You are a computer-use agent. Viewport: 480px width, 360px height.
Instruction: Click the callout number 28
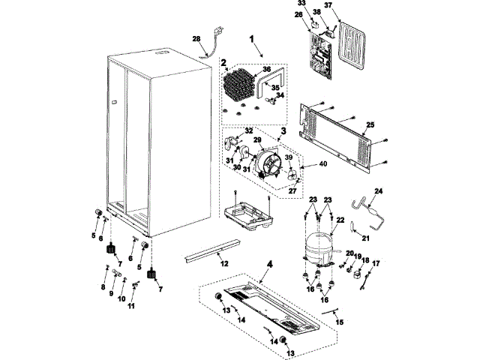[196, 39]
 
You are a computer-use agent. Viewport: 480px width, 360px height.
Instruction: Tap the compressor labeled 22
[319, 247]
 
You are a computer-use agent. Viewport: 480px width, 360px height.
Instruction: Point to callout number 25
[370, 125]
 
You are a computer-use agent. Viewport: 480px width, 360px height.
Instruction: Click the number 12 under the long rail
[224, 263]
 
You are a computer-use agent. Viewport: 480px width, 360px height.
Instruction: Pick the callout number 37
[328, 5]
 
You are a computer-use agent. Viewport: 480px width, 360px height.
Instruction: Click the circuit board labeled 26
[320, 55]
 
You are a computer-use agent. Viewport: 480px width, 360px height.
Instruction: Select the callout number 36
[267, 70]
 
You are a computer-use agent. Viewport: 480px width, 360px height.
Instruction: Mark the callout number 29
[257, 140]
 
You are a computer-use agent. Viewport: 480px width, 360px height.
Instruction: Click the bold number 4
[269, 265]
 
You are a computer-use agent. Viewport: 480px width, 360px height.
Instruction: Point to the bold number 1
[252, 39]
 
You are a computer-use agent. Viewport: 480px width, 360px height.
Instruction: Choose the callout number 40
[323, 164]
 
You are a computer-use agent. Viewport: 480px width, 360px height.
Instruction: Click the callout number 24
[379, 191]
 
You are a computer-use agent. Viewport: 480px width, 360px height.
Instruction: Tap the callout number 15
[339, 322]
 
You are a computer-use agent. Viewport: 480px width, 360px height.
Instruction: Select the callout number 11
[131, 306]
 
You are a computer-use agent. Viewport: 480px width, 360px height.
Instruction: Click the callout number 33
[301, 3]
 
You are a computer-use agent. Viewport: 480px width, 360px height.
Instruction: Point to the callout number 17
[376, 263]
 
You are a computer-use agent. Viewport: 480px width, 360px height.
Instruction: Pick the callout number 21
[366, 238]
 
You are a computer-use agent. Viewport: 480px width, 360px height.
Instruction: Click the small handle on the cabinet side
[114, 103]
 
